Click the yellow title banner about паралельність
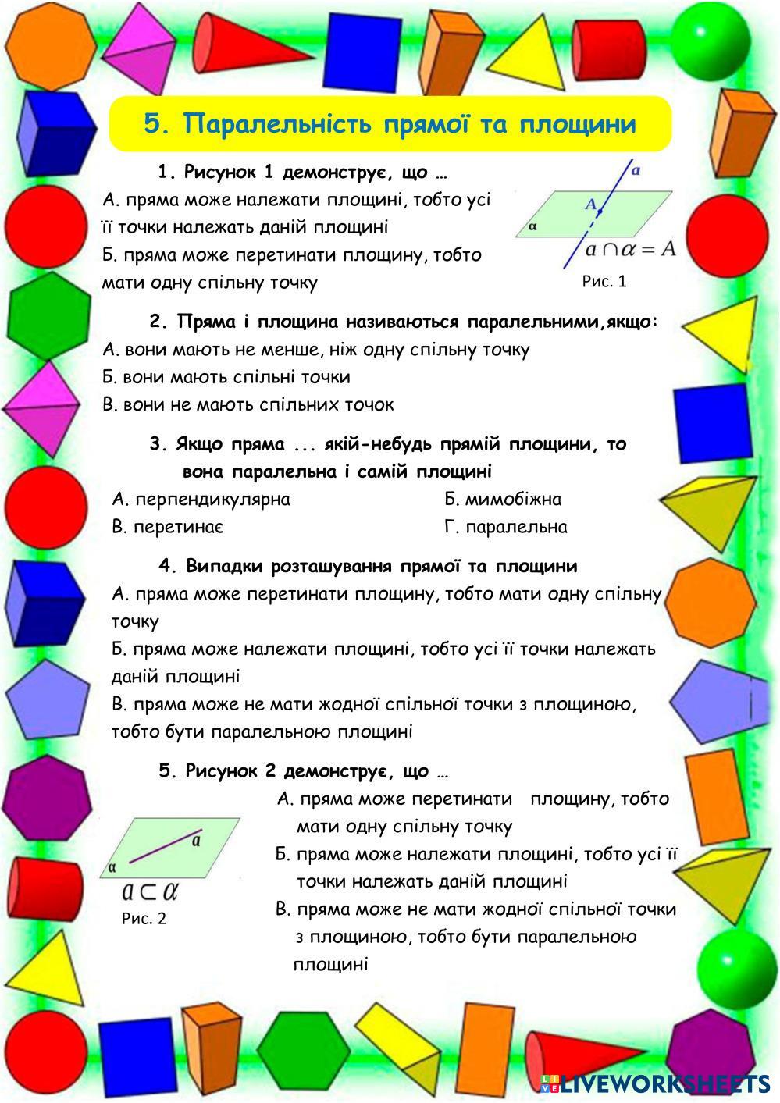coord(390,124)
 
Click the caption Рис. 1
coord(604,281)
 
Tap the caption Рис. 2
coord(144,918)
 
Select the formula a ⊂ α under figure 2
coord(151,891)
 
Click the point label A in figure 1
coord(591,205)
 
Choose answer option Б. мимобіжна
coord(503,499)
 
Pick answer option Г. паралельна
coord(505,527)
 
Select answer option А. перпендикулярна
coord(201,499)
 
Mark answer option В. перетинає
coord(168,527)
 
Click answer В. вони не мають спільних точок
coord(248,404)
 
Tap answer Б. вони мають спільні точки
coord(226,377)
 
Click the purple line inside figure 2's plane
coord(165,846)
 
